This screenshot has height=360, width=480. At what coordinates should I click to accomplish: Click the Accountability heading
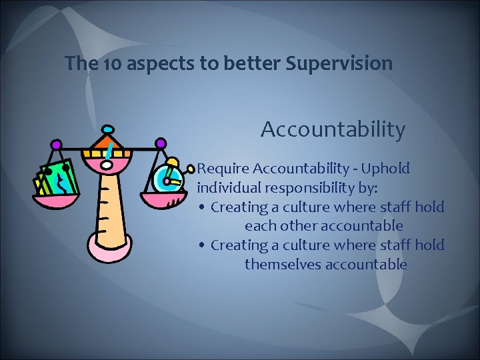coord(333,130)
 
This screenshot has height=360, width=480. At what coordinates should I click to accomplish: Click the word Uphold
coord(387,169)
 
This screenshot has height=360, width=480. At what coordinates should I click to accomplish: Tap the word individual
coord(229,187)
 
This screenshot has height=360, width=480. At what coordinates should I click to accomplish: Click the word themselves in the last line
coord(279,265)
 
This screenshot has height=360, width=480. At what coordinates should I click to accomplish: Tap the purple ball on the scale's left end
coord(56,144)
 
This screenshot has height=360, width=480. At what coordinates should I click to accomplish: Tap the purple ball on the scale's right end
coord(160,143)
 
